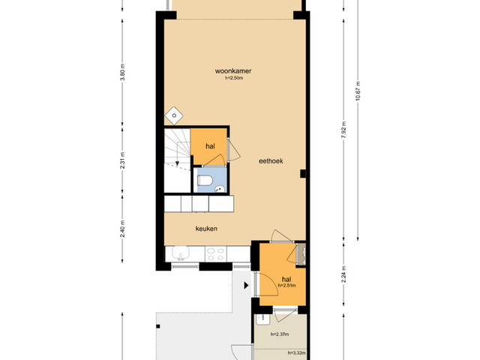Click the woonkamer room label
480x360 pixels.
click(233, 71)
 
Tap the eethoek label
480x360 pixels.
click(271, 161)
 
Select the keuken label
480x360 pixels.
click(207, 229)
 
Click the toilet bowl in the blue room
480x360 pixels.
click(205, 180)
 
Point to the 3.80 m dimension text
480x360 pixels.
click(122, 72)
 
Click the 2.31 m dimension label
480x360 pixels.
click(122, 160)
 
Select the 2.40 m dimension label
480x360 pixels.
click(122, 229)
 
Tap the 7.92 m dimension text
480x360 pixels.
click(343, 130)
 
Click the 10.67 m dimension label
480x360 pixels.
click(358, 91)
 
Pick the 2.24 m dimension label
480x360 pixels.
click(343, 274)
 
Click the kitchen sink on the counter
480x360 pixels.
click(181, 253)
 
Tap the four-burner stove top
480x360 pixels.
click(216, 254)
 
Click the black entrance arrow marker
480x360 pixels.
click(246, 286)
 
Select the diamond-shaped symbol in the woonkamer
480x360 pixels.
click(174, 115)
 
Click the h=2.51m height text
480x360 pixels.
click(286, 286)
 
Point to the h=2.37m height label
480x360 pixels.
click(280, 334)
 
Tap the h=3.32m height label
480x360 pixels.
click(297, 353)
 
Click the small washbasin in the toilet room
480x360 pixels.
click(220, 189)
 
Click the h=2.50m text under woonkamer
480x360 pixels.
click(234, 78)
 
